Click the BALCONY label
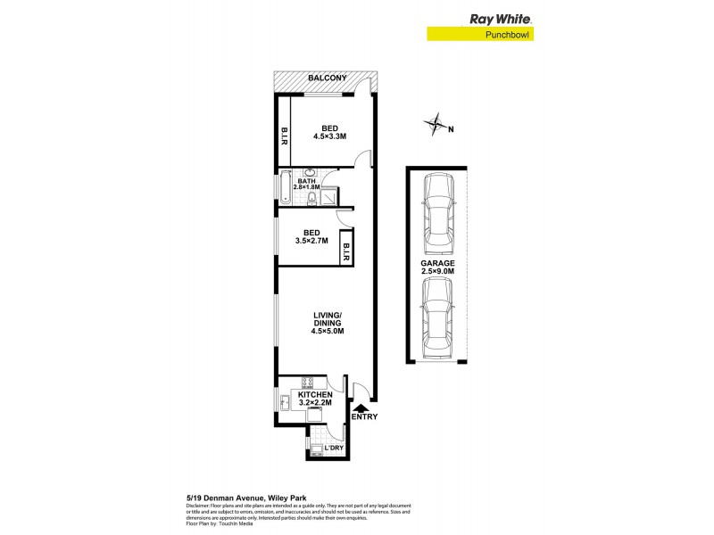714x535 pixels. tap(327, 78)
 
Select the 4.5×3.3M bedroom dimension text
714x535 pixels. tap(329, 136)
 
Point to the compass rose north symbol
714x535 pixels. tap(436, 124)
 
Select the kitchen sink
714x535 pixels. tap(285, 403)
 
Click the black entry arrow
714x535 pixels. tap(361, 407)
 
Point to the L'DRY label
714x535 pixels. tap(334, 447)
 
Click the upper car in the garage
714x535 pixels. tap(438, 210)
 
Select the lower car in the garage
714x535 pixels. tap(438, 316)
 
